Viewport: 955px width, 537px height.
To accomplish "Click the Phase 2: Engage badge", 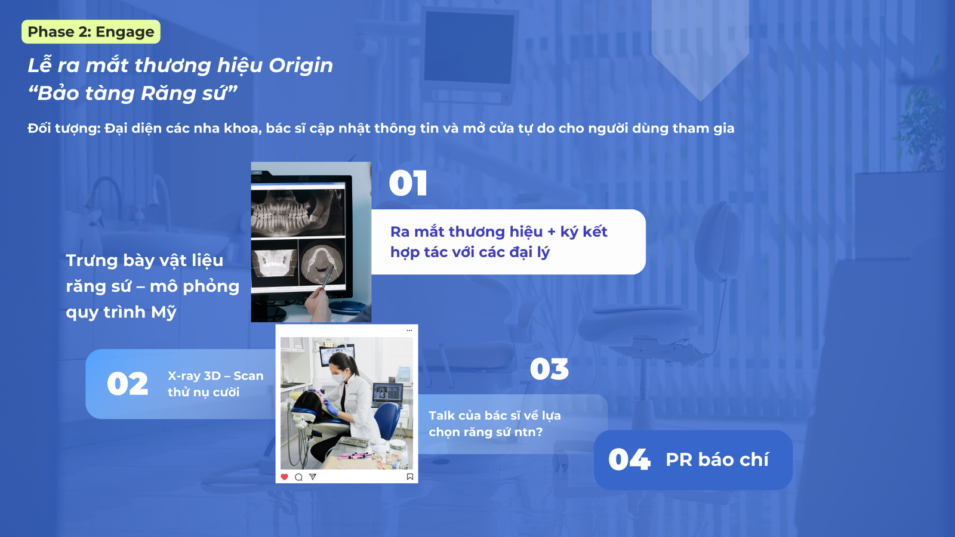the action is (91, 32).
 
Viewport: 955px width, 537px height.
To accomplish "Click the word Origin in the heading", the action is (301, 66).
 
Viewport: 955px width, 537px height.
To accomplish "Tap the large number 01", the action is (408, 184).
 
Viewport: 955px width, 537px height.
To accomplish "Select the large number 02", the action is (128, 384).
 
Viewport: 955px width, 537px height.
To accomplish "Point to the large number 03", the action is (549, 369).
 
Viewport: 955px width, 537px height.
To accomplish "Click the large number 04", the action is (629, 459).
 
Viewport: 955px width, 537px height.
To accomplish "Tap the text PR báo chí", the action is (717, 459).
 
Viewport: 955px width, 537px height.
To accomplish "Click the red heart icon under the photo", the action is (284, 477).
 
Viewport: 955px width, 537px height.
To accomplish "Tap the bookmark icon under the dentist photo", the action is (409, 477).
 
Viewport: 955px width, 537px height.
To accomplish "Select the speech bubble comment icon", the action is (298, 477).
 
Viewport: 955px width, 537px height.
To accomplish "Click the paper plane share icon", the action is (313, 477).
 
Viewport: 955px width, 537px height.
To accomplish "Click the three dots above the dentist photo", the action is (409, 331).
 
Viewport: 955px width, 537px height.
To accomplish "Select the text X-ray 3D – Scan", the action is (215, 376).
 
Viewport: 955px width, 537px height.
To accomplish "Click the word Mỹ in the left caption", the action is (164, 313).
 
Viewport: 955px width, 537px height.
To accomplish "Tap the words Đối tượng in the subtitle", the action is (63, 128).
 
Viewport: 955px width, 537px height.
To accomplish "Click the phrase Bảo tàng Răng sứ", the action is (132, 93).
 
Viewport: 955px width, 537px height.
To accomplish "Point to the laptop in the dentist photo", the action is (387, 395).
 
